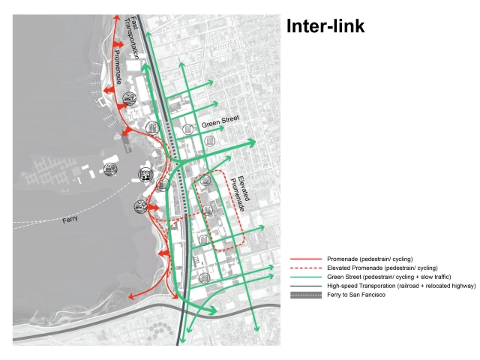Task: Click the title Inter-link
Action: [325, 26]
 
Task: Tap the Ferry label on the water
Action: [70, 219]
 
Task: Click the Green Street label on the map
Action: [220, 121]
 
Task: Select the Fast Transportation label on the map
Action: [132, 37]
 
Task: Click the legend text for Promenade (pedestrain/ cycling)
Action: [370, 259]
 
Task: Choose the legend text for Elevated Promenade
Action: [382, 268]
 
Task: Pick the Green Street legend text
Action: [388, 277]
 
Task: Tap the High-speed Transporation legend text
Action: [401, 286]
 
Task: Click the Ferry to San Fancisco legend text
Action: [356, 295]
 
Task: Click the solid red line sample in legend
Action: [306, 259]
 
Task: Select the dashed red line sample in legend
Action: [306, 268]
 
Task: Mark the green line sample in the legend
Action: [306, 277]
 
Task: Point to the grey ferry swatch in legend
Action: [306, 295]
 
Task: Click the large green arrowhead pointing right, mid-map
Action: [252, 142]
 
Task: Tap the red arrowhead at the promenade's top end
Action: [116, 17]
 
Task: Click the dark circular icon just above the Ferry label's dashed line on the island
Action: [110, 169]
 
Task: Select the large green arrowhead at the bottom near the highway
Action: [211, 310]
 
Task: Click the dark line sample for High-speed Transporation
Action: [306, 286]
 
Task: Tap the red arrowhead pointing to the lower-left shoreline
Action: [131, 296]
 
